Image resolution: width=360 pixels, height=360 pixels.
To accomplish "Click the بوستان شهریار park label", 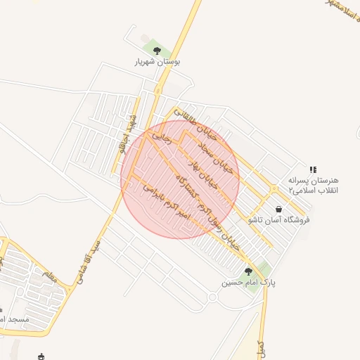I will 157,62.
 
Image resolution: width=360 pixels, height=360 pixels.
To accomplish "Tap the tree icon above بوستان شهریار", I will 157,51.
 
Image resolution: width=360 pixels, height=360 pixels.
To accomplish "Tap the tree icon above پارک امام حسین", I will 247,271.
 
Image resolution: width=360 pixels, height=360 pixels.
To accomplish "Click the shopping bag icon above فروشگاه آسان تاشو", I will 279,209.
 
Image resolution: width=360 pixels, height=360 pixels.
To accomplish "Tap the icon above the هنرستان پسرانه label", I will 313,169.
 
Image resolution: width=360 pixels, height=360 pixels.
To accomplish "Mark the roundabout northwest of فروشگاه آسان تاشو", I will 273,188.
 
